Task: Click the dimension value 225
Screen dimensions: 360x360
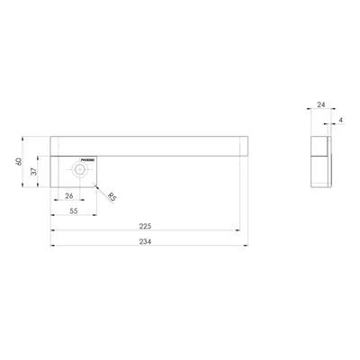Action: pos(145,227)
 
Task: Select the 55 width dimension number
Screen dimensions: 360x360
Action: pos(74,209)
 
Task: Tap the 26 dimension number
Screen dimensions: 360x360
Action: pos(69,195)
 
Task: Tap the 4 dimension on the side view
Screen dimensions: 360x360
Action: pos(342,118)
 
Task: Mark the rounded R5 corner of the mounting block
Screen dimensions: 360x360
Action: pos(96,183)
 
